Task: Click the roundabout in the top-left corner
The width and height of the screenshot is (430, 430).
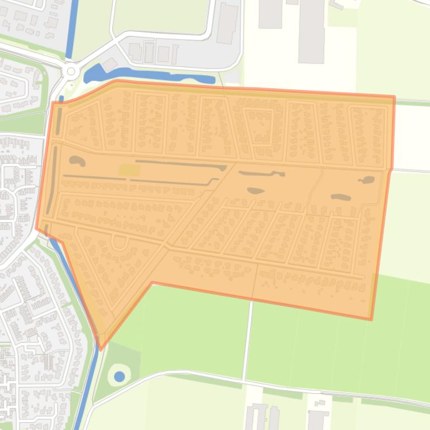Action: pos(70,71)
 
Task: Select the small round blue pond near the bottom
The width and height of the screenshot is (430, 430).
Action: pos(119,377)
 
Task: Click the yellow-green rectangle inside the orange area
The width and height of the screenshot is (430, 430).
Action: pos(129,169)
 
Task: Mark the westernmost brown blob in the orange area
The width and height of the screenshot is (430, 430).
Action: pos(77,161)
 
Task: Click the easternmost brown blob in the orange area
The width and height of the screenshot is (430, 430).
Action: pos(367,180)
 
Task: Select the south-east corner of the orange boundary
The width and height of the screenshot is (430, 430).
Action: pos(371,319)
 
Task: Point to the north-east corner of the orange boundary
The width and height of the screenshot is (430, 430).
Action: pos(394,97)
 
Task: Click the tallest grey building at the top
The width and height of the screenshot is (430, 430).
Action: pos(311,31)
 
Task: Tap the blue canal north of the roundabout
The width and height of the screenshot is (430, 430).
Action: pos(71,28)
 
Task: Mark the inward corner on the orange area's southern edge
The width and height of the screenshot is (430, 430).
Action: pos(152,283)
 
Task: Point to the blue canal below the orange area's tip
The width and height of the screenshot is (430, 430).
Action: pos(89,391)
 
